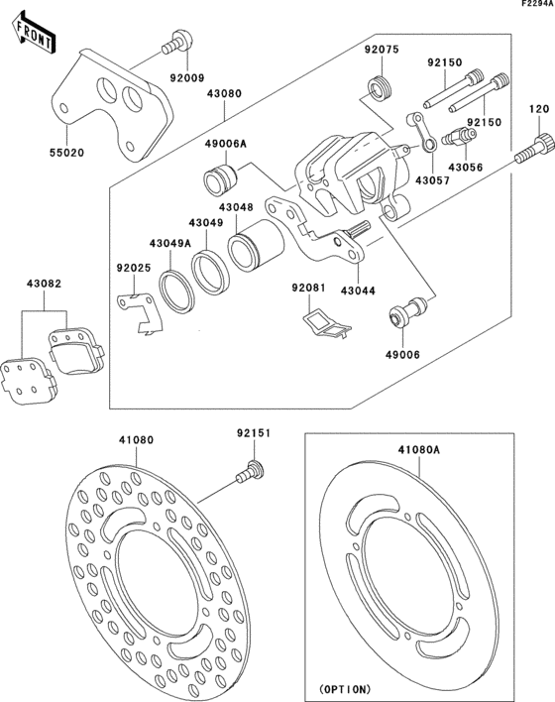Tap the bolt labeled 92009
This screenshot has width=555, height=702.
point(175,43)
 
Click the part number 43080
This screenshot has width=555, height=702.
point(224,94)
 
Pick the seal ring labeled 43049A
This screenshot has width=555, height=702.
point(176,291)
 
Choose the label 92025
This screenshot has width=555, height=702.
point(134,268)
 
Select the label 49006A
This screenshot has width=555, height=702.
point(226,144)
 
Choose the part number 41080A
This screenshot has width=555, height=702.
point(419,449)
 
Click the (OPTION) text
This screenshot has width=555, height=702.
point(344,687)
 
